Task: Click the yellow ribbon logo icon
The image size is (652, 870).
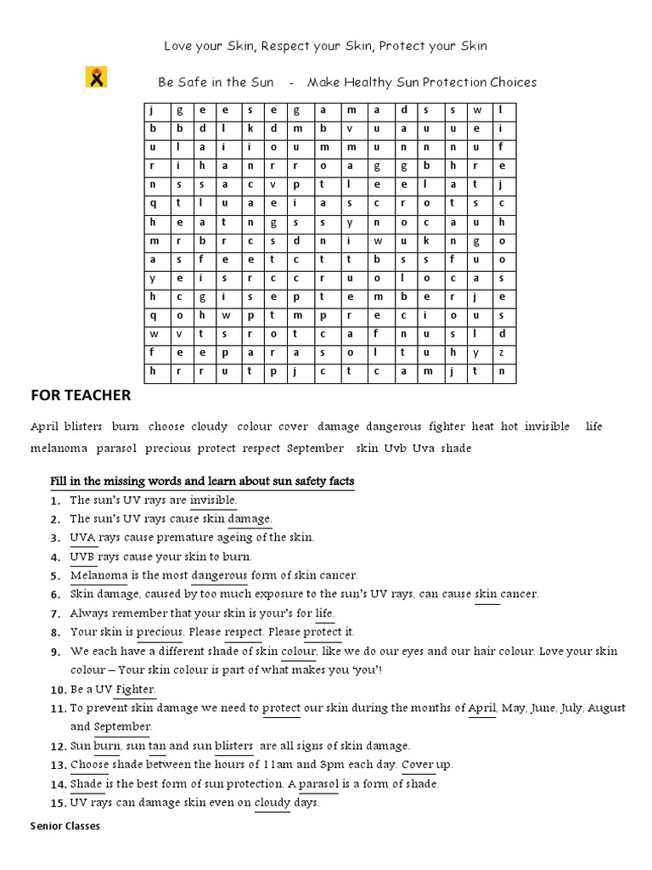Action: pos(96,78)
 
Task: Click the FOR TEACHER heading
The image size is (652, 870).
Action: pos(81,395)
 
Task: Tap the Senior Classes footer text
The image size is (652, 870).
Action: pos(65,825)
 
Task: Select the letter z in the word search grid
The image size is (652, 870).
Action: pos(502,352)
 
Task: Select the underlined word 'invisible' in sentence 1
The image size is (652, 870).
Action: pos(213,500)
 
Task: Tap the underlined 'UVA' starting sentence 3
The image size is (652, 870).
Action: pos(82,538)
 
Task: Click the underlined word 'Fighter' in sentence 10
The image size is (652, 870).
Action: pos(135,689)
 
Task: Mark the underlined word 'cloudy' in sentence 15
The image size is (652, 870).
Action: pos(273,802)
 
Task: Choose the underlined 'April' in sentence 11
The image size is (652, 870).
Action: pos(481,708)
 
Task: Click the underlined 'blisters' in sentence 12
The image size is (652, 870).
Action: pos(234,746)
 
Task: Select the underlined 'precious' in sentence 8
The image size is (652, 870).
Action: pos(160,632)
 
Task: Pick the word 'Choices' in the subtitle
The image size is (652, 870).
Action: pos(513,82)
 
